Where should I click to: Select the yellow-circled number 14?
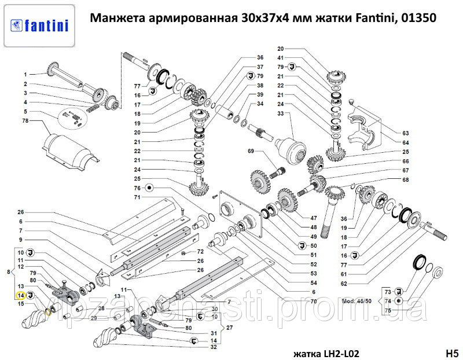coord(20,295)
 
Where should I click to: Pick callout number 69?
coord(251,151)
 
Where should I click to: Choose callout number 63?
coord(406,133)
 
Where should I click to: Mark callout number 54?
coord(314,282)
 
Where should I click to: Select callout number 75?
coord(388,311)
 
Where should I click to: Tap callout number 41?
coord(280,58)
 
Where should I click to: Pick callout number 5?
coord(25,111)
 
